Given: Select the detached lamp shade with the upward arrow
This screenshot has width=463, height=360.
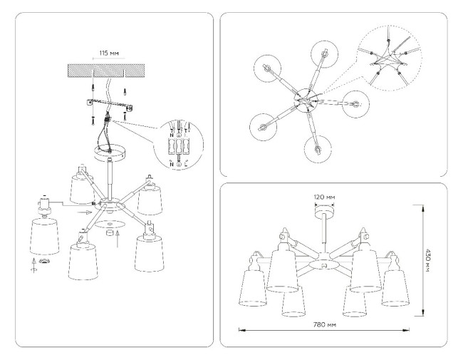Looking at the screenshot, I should point(44,236).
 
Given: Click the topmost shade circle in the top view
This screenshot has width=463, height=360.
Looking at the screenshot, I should point(324,53).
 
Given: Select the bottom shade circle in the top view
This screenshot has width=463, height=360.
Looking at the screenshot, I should point(318,148).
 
